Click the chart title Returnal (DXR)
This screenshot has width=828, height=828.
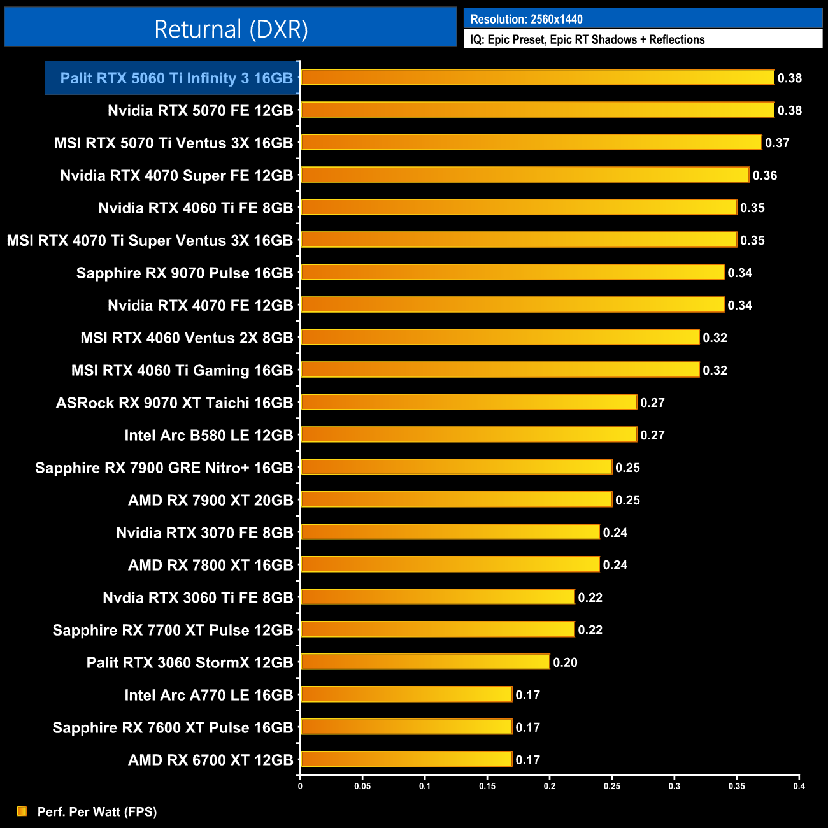click(231, 29)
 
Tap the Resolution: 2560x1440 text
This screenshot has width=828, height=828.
click(526, 19)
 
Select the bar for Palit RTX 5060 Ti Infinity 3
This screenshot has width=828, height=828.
click(537, 78)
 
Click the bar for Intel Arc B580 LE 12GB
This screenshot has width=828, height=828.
click(468, 435)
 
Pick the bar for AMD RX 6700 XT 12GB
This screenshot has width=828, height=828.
click(406, 759)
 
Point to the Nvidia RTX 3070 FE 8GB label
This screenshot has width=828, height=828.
click(204, 533)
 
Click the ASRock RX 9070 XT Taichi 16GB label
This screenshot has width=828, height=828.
click(175, 403)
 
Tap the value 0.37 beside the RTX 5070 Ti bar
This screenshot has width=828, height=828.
click(777, 143)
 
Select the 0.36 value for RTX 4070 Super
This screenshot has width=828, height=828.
click(764, 176)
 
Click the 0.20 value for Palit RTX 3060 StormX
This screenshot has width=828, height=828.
click(565, 663)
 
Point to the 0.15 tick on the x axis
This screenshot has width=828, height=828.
click(487, 786)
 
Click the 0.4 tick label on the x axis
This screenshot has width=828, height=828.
click(799, 786)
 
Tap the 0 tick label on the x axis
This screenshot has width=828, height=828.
click(300, 786)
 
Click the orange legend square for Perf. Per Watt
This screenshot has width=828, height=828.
click(22, 811)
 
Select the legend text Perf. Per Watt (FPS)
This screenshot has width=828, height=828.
click(97, 811)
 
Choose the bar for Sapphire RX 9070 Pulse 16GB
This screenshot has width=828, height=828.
click(512, 273)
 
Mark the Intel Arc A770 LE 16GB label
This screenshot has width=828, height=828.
click(209, 696)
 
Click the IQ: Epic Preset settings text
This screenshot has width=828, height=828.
click(587, 39)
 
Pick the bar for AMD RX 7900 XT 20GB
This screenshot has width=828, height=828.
click(456, 500)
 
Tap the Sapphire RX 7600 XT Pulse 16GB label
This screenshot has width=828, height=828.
click(173, 728)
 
